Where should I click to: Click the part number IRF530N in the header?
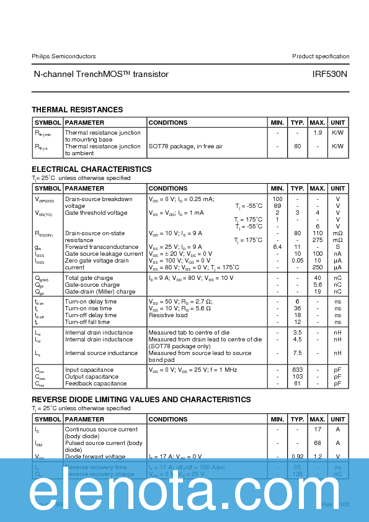pos(329,74)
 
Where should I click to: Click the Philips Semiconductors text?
pos(64,56)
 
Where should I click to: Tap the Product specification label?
pos(321,56)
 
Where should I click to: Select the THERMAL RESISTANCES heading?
pos(78,110)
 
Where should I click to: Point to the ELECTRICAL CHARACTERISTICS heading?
pos(92,169)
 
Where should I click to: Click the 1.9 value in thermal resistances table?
pos(318,133)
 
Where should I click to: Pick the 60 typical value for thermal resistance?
pos(298,146)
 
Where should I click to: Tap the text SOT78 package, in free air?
pos(185,146)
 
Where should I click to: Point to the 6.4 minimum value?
pos(277,247)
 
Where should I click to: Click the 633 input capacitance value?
pos(298,370)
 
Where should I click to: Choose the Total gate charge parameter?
pos(89,278)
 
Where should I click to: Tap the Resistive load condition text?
pos(168,315)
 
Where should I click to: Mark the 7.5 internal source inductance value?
pos(298,353)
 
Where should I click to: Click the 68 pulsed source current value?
pos(318,443)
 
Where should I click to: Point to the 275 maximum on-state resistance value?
pos(318,240)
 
